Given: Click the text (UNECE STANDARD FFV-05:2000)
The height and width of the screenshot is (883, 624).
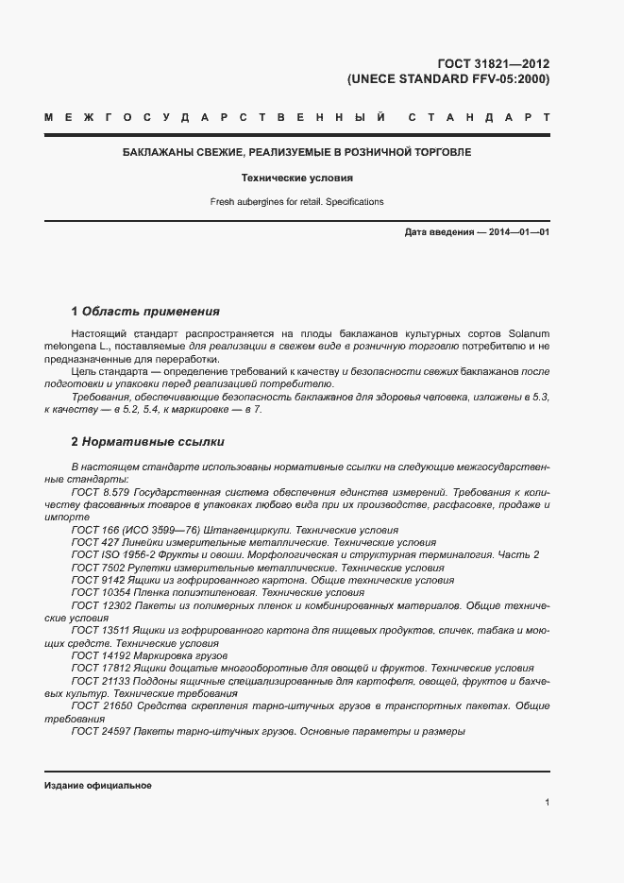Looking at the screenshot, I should pos(448,79).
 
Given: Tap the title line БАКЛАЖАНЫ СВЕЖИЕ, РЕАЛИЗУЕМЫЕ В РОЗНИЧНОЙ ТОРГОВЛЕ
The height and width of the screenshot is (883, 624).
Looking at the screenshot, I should pos(297,152).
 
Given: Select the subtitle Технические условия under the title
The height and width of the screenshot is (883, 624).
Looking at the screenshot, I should pos(297,178).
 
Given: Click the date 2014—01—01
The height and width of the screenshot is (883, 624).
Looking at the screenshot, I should pos(519,232).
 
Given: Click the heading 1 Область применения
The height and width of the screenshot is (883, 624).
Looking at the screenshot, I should pos(145,312).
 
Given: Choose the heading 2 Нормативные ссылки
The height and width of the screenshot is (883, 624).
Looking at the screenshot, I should pos(147,442).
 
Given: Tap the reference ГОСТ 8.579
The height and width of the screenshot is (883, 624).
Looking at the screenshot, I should pos(99,493).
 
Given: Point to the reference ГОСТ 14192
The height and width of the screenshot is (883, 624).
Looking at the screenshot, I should pos(98,655).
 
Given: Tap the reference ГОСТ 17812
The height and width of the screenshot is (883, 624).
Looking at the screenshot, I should pos(98,668).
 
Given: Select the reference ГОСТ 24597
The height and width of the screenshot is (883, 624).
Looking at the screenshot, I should pos(98,730).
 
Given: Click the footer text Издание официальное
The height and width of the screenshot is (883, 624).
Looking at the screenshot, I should pos(98,786).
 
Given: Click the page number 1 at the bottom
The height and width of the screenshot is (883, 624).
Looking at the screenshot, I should pos(547,802).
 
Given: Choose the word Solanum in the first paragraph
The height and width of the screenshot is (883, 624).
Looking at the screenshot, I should pos(530,334).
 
